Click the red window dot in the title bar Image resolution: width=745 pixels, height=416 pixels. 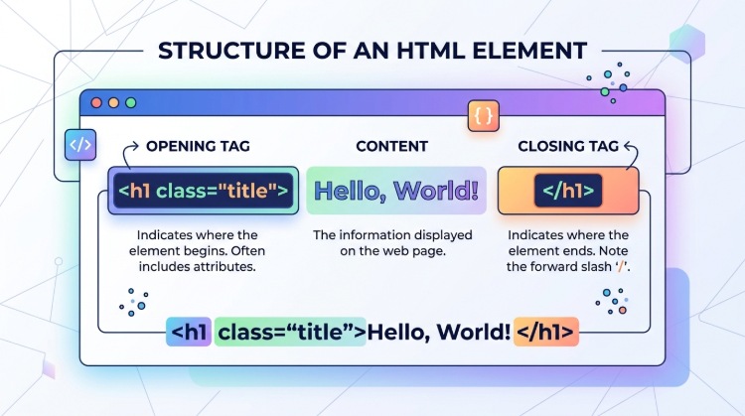tap(97, 102)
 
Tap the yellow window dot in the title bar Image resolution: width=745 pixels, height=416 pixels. tap(113, 102)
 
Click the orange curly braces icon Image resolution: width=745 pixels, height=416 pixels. tap(484, 115)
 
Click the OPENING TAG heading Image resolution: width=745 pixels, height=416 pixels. tap(198, 147)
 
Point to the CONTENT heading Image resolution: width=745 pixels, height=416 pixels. tap(391, 147)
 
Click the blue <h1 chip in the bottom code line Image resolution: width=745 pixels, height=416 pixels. tap(189, 332)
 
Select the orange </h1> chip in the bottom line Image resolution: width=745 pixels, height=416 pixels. tap(545, 332)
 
